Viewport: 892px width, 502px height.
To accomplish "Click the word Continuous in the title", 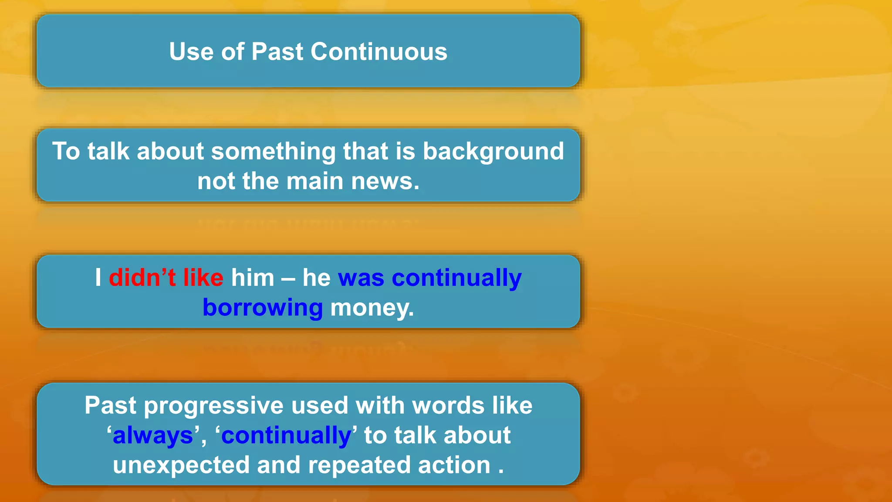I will click(x=378, y=51).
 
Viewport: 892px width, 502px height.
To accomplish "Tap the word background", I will click(x=493, y=151).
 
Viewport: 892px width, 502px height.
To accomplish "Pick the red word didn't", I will click(x=142, y=278).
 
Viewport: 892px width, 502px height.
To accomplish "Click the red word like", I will click(x=203, y=278).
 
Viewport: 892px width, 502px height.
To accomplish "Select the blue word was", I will click(x=361, y=278).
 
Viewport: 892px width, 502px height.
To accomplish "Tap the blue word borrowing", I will click(x=263, y=308).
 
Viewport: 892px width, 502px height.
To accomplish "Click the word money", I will click(x=372, y=308).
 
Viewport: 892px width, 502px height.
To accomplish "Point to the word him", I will click(x=253, y=278).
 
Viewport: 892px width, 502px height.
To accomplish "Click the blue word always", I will click(x=152, y=435).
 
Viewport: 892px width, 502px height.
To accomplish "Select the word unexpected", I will click(x=181, y=465).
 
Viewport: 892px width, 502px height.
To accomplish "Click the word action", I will click(x=454, y=465).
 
